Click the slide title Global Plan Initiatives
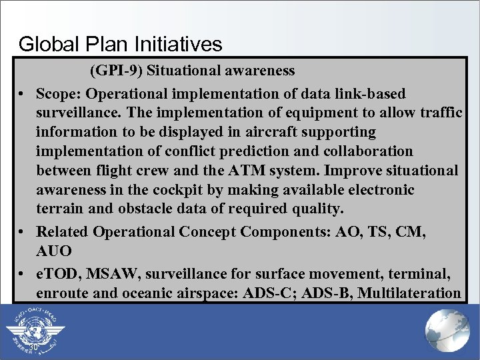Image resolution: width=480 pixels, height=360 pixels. pos(120,44)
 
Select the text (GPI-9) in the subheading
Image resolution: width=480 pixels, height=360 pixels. pos(113,70)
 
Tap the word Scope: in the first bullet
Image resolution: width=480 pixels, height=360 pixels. pos(59,94)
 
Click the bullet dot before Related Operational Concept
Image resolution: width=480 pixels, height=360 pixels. pos(23,232)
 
